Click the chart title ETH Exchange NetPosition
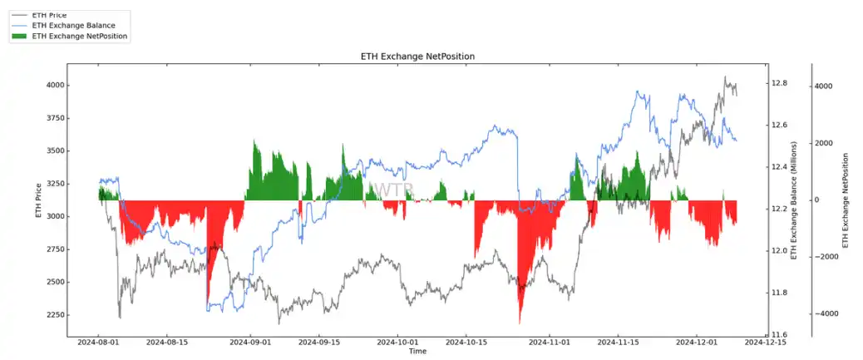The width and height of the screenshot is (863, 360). coord(417,56)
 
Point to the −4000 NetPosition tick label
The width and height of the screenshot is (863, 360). coord(826,314)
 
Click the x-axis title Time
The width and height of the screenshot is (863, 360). coord(417,352)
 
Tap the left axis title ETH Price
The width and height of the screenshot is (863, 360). coord(38,200)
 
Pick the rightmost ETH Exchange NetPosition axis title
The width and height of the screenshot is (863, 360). coord(846,200)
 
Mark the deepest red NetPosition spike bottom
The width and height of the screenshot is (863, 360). coord(520,323)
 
